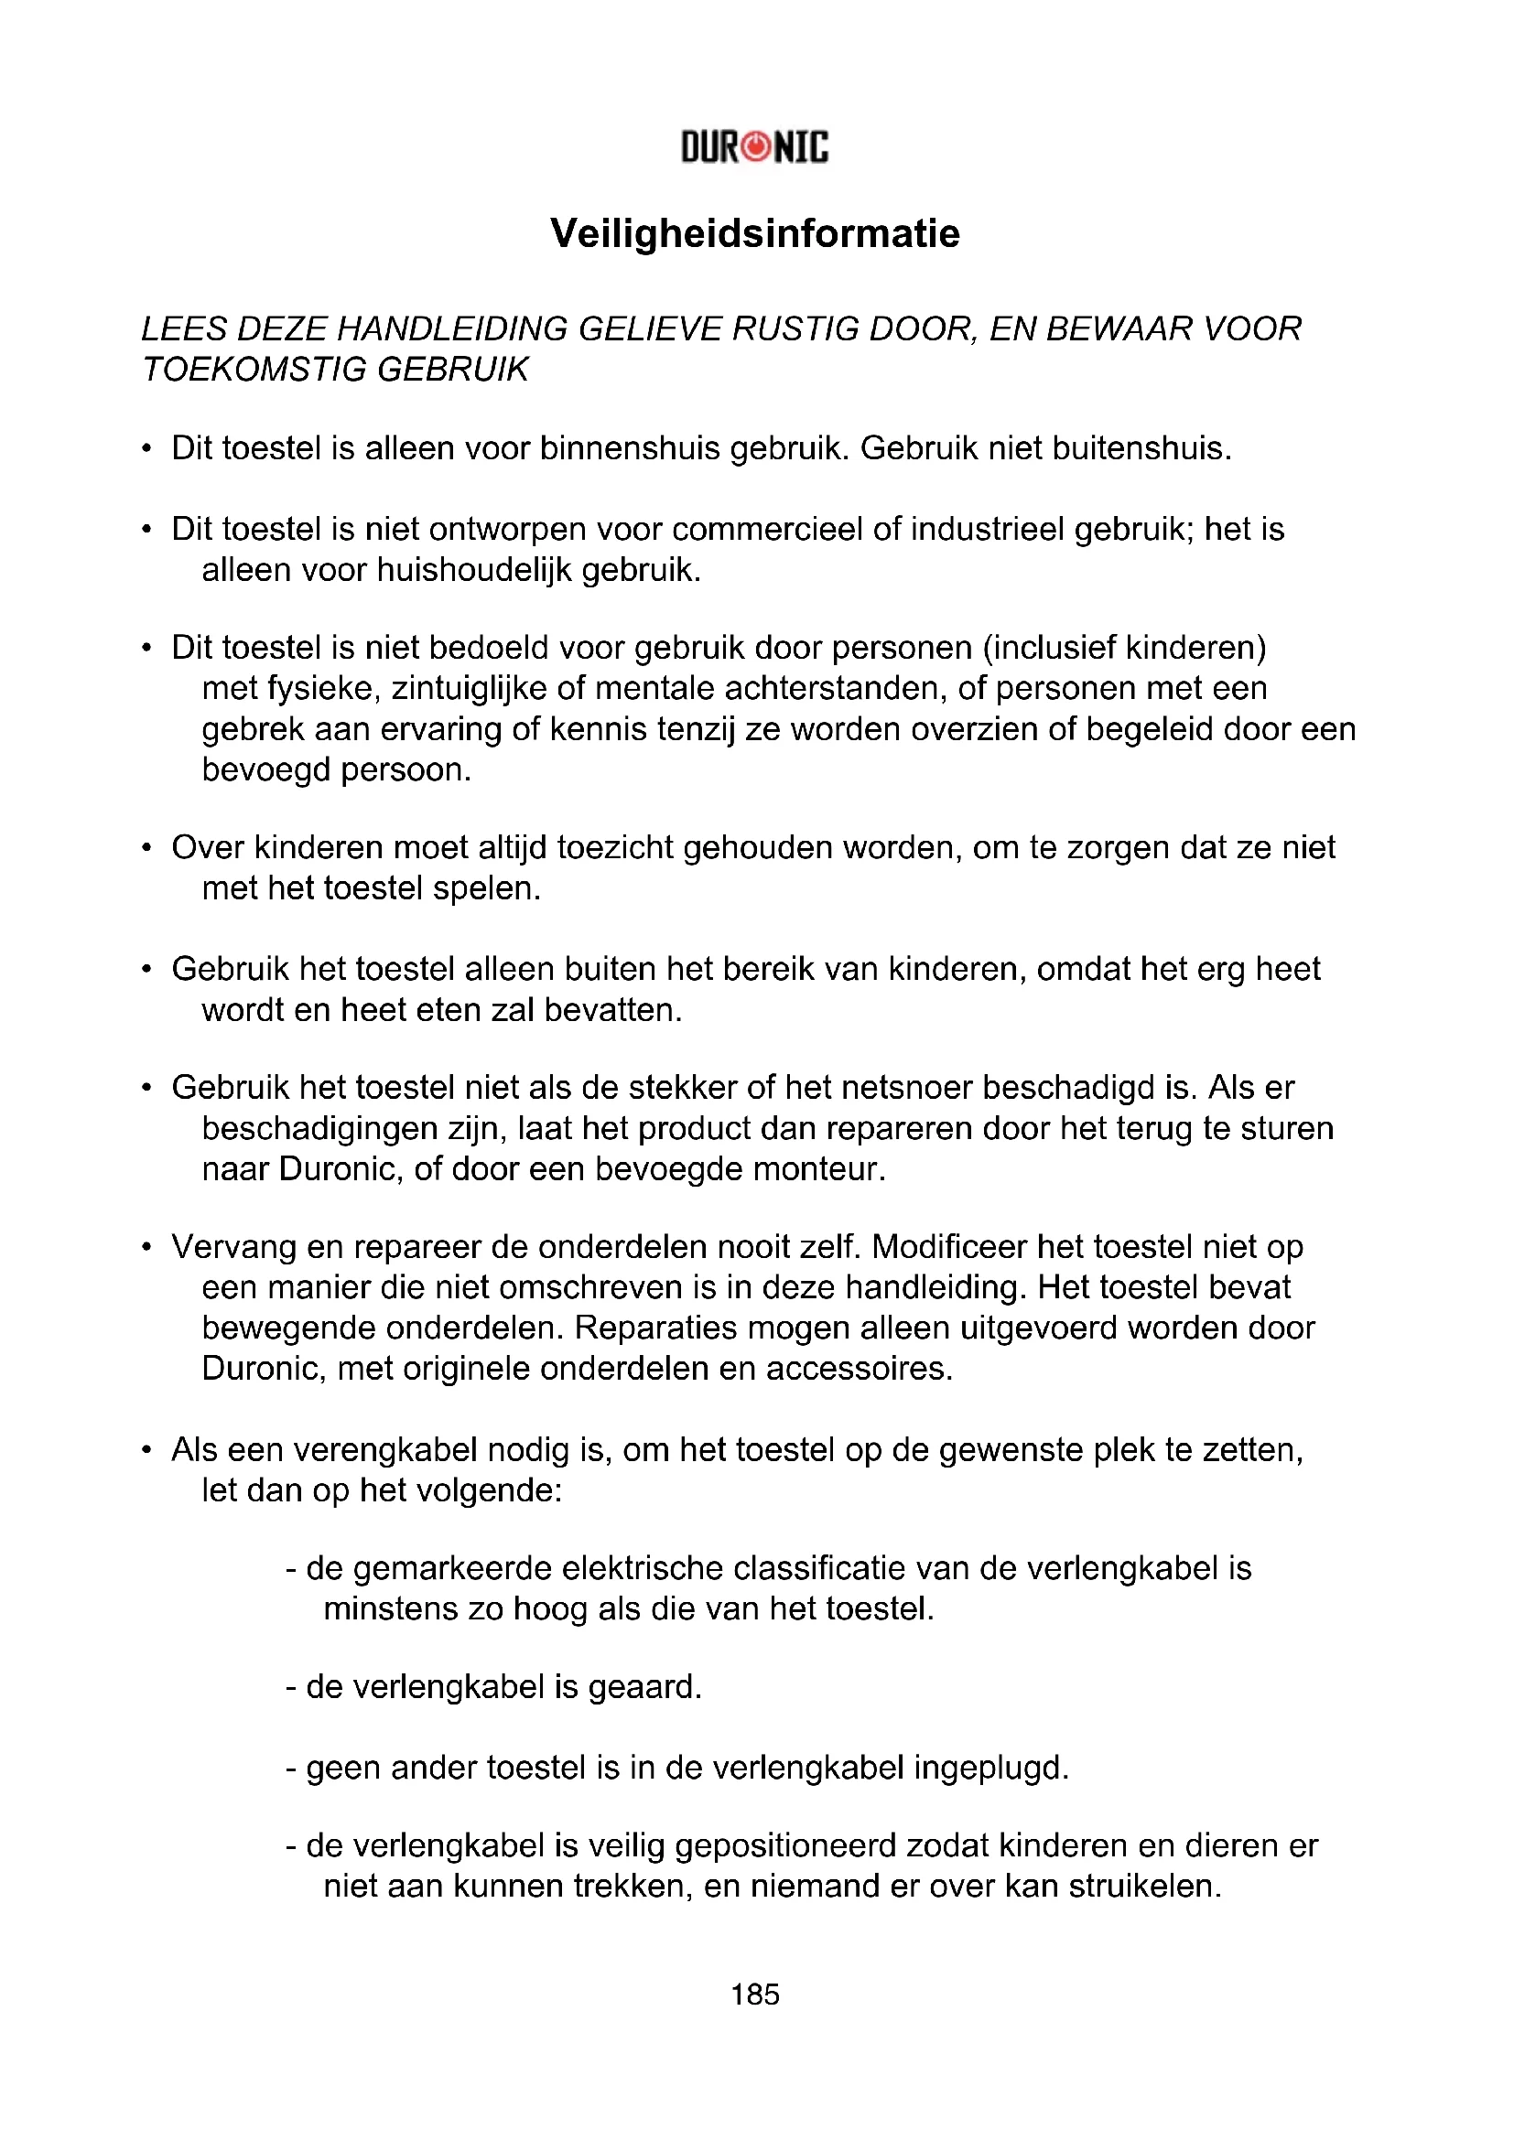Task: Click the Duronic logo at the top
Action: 754,147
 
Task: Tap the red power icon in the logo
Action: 758,147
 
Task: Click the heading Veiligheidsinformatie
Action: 755,233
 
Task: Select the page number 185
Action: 755,1994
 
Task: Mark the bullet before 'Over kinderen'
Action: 146,848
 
